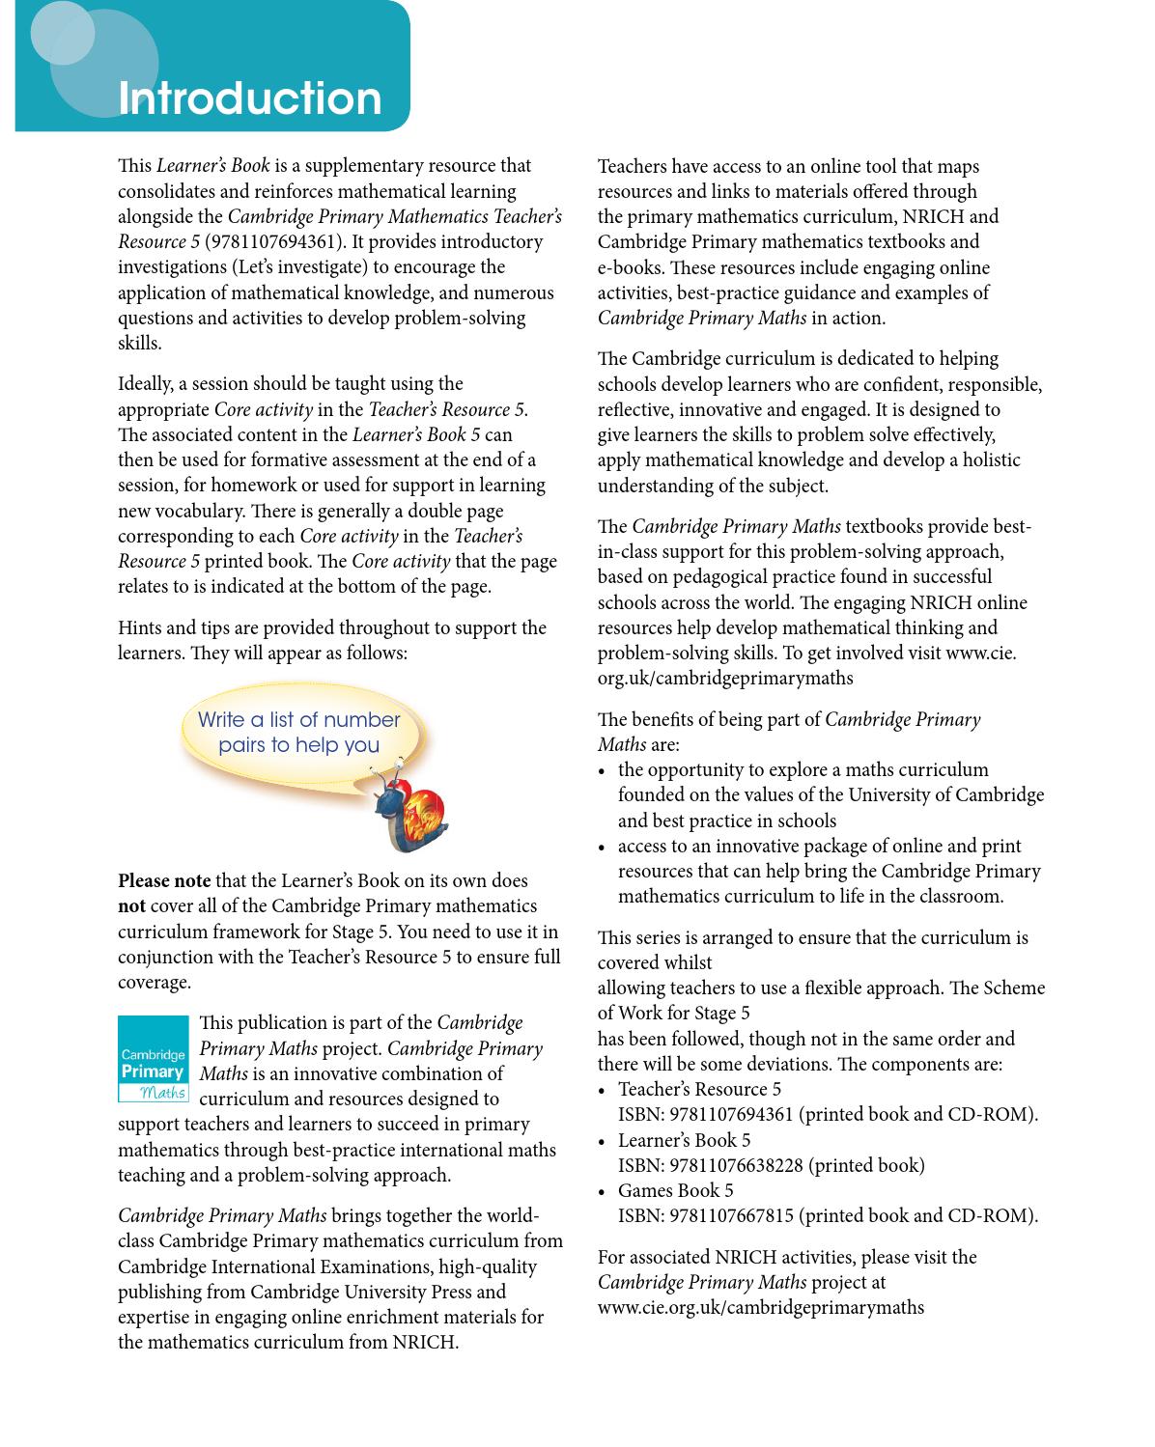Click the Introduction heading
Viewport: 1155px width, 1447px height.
click(x=249, y=98)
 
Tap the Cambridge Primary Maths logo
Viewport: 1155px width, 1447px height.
click(x=154, y=1059)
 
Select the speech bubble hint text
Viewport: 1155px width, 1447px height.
click(x=298, y=733)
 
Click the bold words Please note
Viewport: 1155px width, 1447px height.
click(x=164, y=880)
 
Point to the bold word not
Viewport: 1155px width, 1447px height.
click(x=131, y=905)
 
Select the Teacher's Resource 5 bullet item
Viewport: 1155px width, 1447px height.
click(x=699, y=1089)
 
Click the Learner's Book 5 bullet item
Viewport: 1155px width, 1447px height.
click(x=684, y=1140)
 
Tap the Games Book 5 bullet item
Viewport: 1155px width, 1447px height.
click(x=675, y=1190)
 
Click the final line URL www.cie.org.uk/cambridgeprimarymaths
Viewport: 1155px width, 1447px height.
click(x=760, y=1307)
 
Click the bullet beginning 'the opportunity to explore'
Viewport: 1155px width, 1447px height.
click(x=803, y=769)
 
